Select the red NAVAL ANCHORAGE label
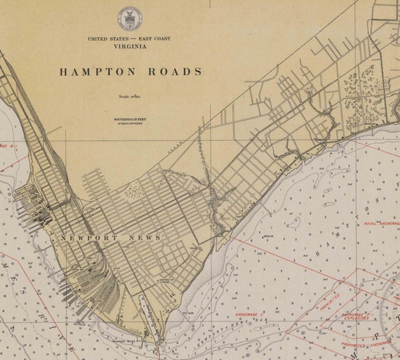[x=381, y=223]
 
